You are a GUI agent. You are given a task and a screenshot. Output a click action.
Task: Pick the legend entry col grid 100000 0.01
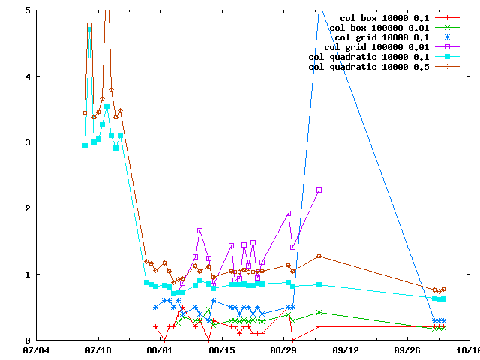click(x=376, y=46)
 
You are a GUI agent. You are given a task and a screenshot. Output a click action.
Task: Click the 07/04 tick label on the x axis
click(x=37, y=349)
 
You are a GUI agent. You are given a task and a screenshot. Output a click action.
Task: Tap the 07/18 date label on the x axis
click(x=98, y=349)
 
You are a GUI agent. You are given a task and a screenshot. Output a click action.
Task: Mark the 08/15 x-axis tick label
click(x=223, y=349)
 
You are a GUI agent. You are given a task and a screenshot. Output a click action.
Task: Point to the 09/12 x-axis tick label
click(x=346, y=349)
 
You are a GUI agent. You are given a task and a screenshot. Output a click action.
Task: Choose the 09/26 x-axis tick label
click(x=408, y=349)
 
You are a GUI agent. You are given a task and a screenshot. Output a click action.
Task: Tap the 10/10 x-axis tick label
click(x=467, y=349)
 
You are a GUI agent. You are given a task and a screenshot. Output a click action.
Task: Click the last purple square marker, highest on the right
click(x=319, y=190)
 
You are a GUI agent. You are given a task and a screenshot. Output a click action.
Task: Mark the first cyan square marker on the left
click(x=85, y=145)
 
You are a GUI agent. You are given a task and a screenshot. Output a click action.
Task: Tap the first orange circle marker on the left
click(x=85, y=113)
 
